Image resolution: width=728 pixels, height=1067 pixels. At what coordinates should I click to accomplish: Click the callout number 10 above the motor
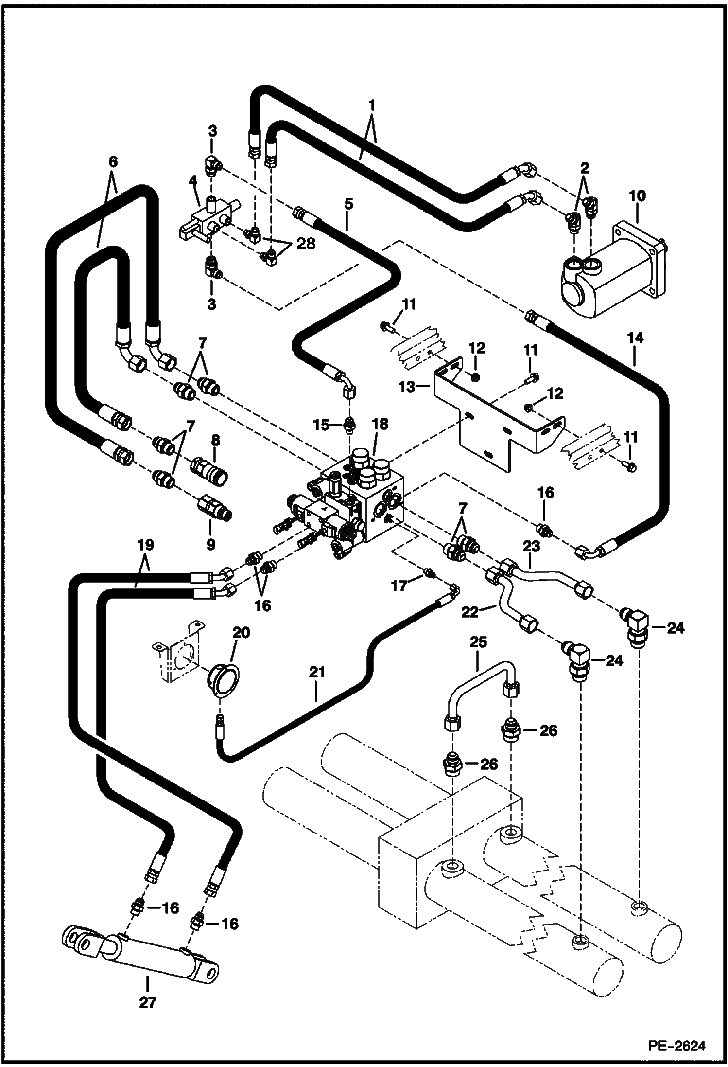(x=637, y=196)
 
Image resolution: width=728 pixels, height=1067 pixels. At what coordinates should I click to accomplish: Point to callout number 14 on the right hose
(x=635, y=338)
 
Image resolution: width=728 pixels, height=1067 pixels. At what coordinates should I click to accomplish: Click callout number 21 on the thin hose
(x=316, y=672)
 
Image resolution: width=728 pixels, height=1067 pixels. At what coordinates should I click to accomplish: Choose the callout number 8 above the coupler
(x=215, y=441)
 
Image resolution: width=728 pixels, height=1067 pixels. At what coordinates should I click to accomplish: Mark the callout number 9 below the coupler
(x=210, y=544)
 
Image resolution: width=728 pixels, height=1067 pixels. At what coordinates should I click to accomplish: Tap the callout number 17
(x=399, y=586)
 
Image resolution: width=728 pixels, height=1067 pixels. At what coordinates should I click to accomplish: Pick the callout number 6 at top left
(x=112, y=162)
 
